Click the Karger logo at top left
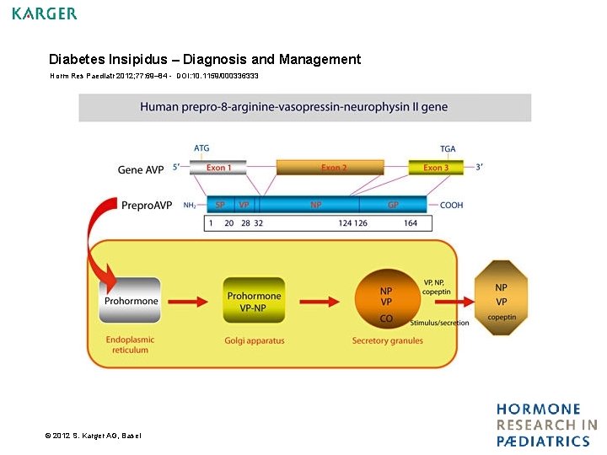pyautogui.click(x=45, y=13)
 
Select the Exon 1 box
pyautogui.click(x=218, y=168)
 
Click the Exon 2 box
pyautogui.click(x=333, y=168)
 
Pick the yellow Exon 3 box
pyautogui.click(x=436, y=168)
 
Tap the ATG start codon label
pyautogui.click(x=201, y=148)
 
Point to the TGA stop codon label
pyautogui.click(x=448, y=148)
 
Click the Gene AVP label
pyautogui.click(x=141, y=169)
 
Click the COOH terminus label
pyautogui.click(x=451, y=205)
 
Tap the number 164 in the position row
pyautogui.click(x=411, y=223)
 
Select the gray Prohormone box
pyautogui.click(x=130, y=301)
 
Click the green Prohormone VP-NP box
pyautogui.click(x=254, y=301)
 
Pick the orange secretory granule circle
pyautogui.click(x=385, y=301)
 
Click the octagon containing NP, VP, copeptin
pyautogui.click(x=502, y=299)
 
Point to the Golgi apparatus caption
pyautogui.click(x=254, y=341)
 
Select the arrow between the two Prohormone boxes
pyautogui.click(x=191, y=301)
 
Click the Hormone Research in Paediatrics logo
pyautogui.click(x=546, y=426)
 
